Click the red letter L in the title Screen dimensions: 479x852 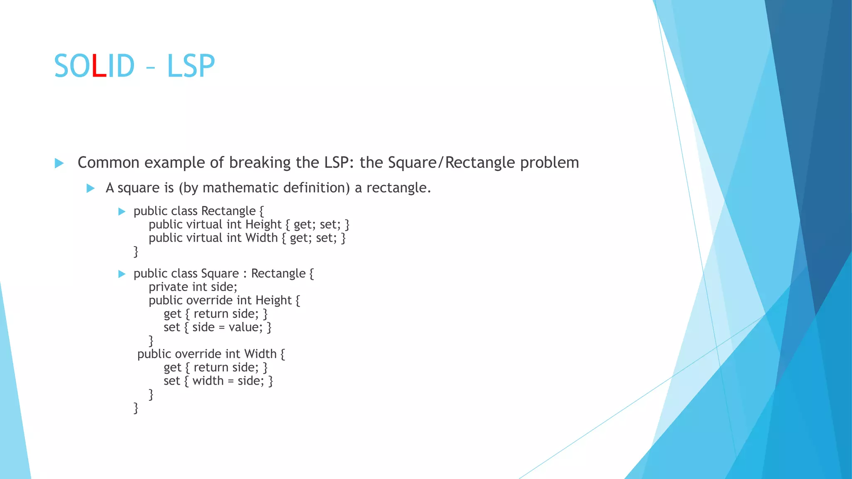[x=99, y=67]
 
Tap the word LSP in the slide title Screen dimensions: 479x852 [x=191, y=67]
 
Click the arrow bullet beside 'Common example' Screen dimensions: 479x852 [x=59, y=163]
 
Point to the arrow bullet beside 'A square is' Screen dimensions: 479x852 [x=90, y=188]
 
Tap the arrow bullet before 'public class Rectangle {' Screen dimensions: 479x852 [x=121, y=212]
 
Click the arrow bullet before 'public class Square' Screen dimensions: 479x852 [x=121, y=274]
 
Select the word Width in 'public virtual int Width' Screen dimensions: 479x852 [x=261, y=238]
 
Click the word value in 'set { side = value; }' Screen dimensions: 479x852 [x=245, y=327]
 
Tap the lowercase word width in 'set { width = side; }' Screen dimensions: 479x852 [x=208, y=381]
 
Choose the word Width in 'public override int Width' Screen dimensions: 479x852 [x=260, y=354]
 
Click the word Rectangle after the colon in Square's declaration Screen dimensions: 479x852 [x=278, y=274]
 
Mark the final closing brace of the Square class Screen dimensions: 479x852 [x=136, y=408]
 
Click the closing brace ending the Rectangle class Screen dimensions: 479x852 [x=136, y=252]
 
